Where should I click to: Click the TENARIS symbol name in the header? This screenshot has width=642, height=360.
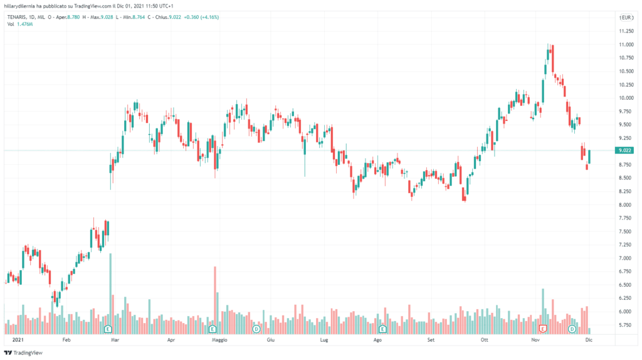(19, 18)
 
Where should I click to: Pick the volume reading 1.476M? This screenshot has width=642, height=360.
(24, 24)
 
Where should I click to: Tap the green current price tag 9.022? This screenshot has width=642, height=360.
(624, 151)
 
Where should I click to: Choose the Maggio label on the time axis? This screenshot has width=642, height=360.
(219, 339)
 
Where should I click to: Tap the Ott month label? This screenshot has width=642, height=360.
(483, 339)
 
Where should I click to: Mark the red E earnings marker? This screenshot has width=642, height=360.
(544, 329)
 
